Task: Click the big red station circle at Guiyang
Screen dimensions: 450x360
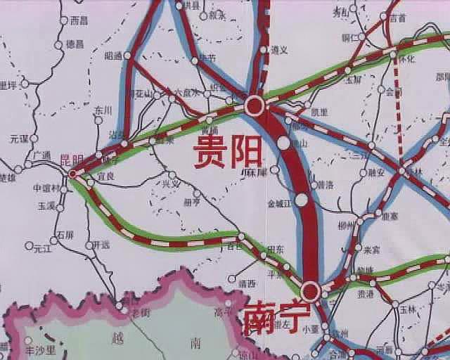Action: coord(255,106)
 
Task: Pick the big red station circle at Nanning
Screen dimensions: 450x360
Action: coord(311,290)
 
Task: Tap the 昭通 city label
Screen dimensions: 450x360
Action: coord(112,55)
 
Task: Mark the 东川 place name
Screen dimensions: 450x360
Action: coord(103,110)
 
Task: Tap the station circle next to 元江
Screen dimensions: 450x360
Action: coord(29,246)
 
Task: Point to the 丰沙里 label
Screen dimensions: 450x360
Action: coord(38,349)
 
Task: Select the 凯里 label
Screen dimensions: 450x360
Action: coord(319,112)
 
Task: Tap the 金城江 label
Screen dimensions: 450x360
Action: coord(278,205)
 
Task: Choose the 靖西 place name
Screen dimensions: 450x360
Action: coord(247,283)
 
